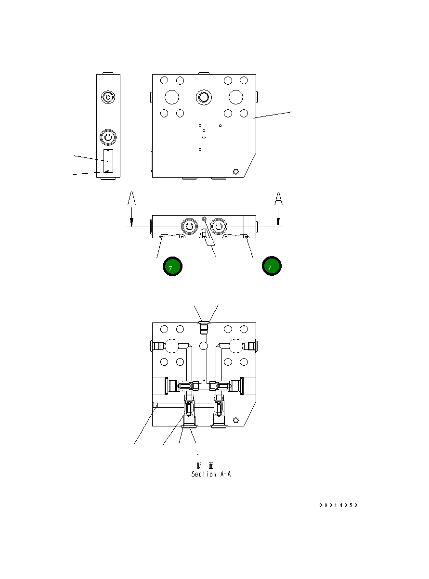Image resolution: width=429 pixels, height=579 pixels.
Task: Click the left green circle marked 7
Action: tap(172, 267)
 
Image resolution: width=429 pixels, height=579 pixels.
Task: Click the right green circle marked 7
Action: tap(272, 267)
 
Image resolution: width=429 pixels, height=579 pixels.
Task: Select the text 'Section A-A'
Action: tap(211, 474)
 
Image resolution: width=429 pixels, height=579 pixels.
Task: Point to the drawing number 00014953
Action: tap(338, 505)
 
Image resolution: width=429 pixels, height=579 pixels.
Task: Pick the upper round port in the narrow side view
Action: tap(108, 97)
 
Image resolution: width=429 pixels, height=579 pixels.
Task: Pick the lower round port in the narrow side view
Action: tap(108, 138)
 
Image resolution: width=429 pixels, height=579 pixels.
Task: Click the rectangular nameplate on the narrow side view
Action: tap(108, 161)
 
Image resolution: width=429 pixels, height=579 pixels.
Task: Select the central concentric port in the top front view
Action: tap(204, 97)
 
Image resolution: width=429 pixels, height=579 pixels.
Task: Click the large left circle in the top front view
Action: tap(171, 97)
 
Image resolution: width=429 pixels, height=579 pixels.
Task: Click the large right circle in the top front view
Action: tap(236, 97)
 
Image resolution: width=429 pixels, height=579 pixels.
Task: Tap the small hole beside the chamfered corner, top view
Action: tap(235, 171)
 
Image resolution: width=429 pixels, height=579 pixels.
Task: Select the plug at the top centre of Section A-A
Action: tap(204, 327)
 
